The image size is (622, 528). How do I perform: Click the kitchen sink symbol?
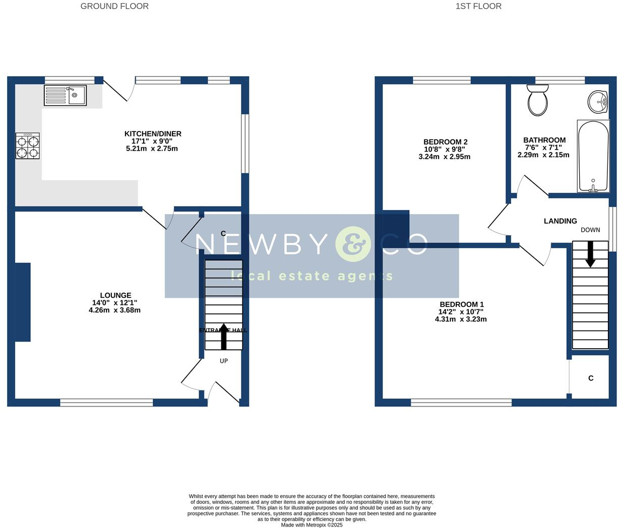point(66,95)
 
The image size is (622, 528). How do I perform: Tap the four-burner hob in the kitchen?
point(27,146)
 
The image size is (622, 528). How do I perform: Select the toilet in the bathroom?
point(538,100)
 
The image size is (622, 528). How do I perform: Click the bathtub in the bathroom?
point(593,156)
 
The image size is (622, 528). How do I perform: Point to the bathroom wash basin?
point(598,102)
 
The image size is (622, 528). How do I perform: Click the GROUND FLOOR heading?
point(114,7)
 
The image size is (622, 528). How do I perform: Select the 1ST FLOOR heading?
point(478,7)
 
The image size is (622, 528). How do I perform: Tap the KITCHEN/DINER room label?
point(153,134)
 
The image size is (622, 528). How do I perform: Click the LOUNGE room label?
point(115,296)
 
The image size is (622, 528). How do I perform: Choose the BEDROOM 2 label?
point(445,142)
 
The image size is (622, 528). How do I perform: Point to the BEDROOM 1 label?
point(462,304)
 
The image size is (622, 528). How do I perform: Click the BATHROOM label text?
point(544,140)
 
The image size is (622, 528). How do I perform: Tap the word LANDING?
point(560,221)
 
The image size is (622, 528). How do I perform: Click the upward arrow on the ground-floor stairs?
point(224,336)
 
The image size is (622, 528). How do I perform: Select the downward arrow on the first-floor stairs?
point(590,254)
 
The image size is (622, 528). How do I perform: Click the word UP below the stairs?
point(224,361)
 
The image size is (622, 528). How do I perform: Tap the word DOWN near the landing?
point(590,230)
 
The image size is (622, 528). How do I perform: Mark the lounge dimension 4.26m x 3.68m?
point(114,310)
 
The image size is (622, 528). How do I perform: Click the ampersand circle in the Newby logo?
point(353,244)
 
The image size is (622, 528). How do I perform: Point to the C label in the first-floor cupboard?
point(591,378)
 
